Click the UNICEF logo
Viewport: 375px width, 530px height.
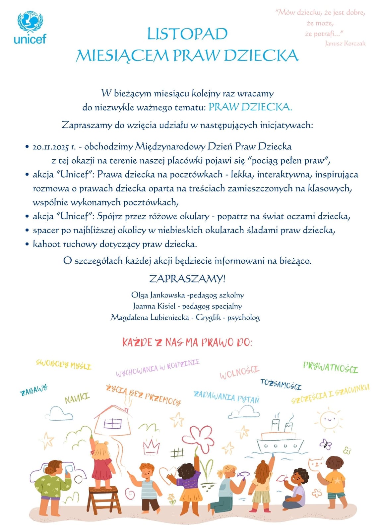(30, 28)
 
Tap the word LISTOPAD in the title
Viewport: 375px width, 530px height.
(187, 34)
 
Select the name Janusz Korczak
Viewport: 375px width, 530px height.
(345, 43)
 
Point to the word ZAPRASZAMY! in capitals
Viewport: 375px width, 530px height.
(187, 279)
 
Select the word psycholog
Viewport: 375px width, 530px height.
(244, 317)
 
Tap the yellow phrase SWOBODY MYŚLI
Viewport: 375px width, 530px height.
(63, 364)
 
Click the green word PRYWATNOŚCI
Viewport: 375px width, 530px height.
(331, 367)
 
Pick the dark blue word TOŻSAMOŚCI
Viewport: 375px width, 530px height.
(281, 384)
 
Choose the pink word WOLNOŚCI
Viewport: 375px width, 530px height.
(239, 372)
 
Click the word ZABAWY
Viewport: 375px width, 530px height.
(33, 390)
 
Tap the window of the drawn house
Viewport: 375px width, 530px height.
(112, 424)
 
